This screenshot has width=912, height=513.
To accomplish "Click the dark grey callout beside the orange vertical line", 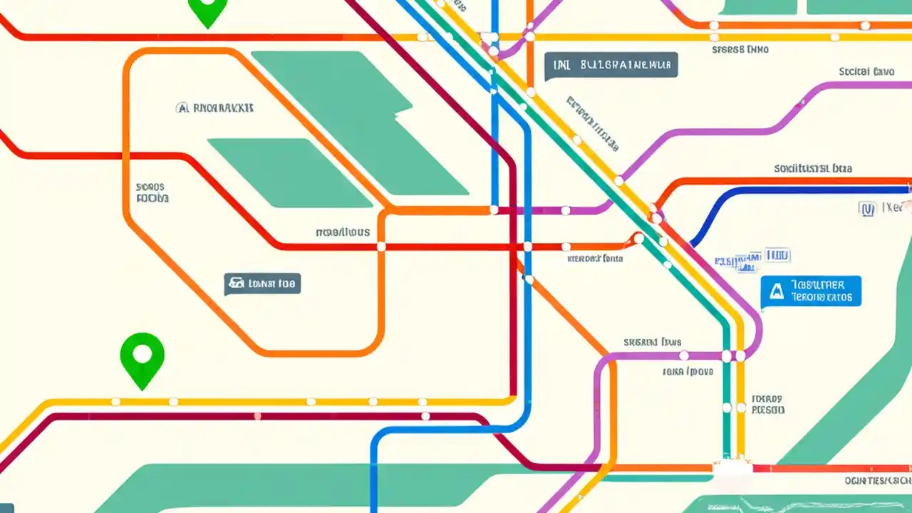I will (611, 65).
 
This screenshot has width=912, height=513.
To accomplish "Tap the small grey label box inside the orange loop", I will (262, 284).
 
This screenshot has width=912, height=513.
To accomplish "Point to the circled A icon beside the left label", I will (182, 108).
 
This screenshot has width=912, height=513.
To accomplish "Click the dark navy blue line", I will (784, 191).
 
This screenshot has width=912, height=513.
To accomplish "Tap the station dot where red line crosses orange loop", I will (381, 247).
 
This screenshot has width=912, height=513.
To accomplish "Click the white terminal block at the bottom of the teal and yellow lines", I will (732, 467).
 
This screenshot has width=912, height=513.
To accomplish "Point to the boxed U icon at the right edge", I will (867, 209).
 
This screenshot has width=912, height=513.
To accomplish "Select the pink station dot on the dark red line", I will (257, 416).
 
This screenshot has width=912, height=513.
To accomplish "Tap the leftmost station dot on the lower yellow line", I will (116, 402).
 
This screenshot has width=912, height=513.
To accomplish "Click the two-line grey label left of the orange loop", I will (152, 192).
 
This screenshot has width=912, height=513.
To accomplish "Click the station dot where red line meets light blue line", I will (527, 247).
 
